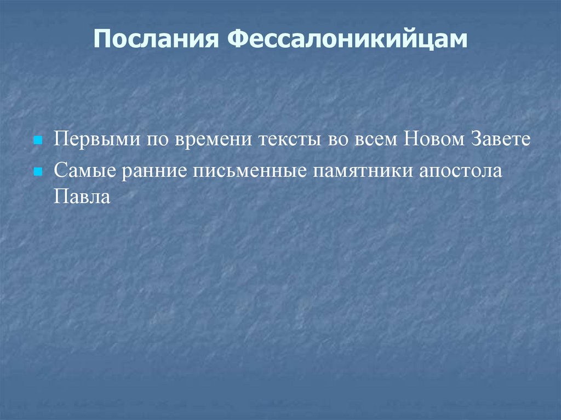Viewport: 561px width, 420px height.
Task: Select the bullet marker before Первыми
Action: (x=38, y=141)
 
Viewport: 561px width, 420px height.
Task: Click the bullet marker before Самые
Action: (x=38, y=171)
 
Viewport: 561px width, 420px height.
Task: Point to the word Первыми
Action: (x=94, y=139)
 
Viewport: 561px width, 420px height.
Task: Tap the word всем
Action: (x=378, y=139)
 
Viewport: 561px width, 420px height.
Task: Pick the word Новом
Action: (x=433, y=139)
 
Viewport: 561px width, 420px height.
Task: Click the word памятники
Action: (x=362, y=170)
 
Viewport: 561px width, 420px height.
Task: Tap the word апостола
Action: (x=461, y=170)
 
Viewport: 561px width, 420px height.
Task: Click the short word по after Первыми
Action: (x=157, y=139)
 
